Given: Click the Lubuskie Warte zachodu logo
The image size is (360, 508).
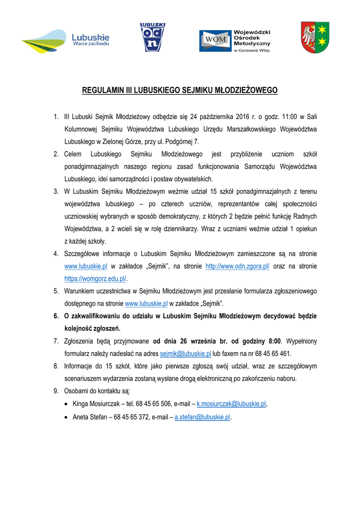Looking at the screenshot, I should pyautogui.click(x=65, y=41).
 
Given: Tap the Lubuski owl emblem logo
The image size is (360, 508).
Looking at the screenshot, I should pyautogui.click(x=152, y=38).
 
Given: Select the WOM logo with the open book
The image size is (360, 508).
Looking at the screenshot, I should pyautogui.click(x=235, y=41).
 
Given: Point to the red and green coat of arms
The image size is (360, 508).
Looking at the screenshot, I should pyautogui.click(x=316, y=38).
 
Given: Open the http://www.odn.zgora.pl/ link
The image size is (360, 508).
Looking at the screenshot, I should pyautogui.click(x=237, y=266).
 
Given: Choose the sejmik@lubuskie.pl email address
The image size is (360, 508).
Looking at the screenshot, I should pyautogui.click(x=186, y=354).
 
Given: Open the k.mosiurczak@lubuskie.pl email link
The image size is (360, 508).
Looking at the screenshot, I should pyautogui.click(x=231, y=404).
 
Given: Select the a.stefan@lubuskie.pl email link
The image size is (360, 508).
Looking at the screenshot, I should pyautogui.click(x=203, y=417).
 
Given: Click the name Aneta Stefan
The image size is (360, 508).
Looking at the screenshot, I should pyautogui.click(x=90, y=417).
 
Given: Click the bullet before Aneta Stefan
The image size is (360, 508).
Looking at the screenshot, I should pyautogui.click(x=67, y=417).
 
